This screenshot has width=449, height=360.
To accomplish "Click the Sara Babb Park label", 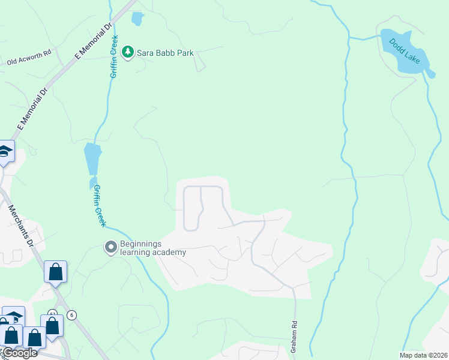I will pos(164,53).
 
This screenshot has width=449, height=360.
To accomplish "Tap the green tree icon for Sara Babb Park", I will pos(127,53).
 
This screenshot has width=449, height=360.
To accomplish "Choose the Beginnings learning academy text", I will pos(152,248).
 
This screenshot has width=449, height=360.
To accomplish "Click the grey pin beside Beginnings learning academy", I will pos(110,247).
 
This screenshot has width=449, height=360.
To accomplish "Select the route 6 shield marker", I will pos(72,315).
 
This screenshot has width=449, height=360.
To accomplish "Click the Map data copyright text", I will pos(423,355).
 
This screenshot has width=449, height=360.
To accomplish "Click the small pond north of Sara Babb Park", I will pos(137,19).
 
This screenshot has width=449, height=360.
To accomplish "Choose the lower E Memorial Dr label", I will pos(32,110).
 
